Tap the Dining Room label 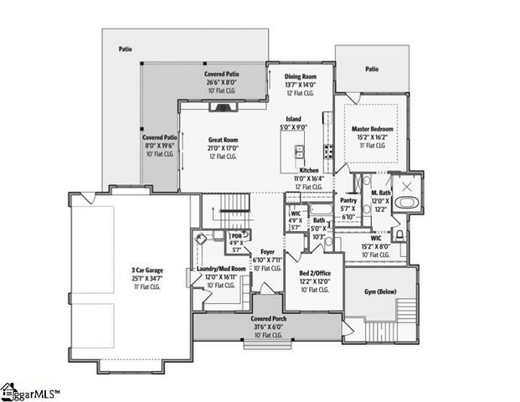(300, 75)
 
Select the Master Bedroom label (373, 129)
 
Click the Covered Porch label (268, 319)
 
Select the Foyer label (267, 251)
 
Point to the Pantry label (349, 200)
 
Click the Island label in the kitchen (293, 119)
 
